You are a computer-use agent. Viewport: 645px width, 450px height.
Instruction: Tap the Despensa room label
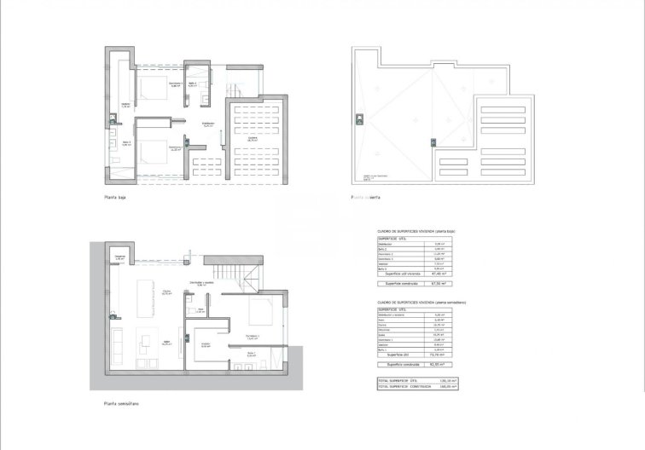[119, 257]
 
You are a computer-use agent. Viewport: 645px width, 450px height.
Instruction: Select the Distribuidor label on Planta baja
[207, 124]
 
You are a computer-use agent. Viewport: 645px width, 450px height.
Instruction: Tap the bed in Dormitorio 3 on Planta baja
[154, 145]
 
